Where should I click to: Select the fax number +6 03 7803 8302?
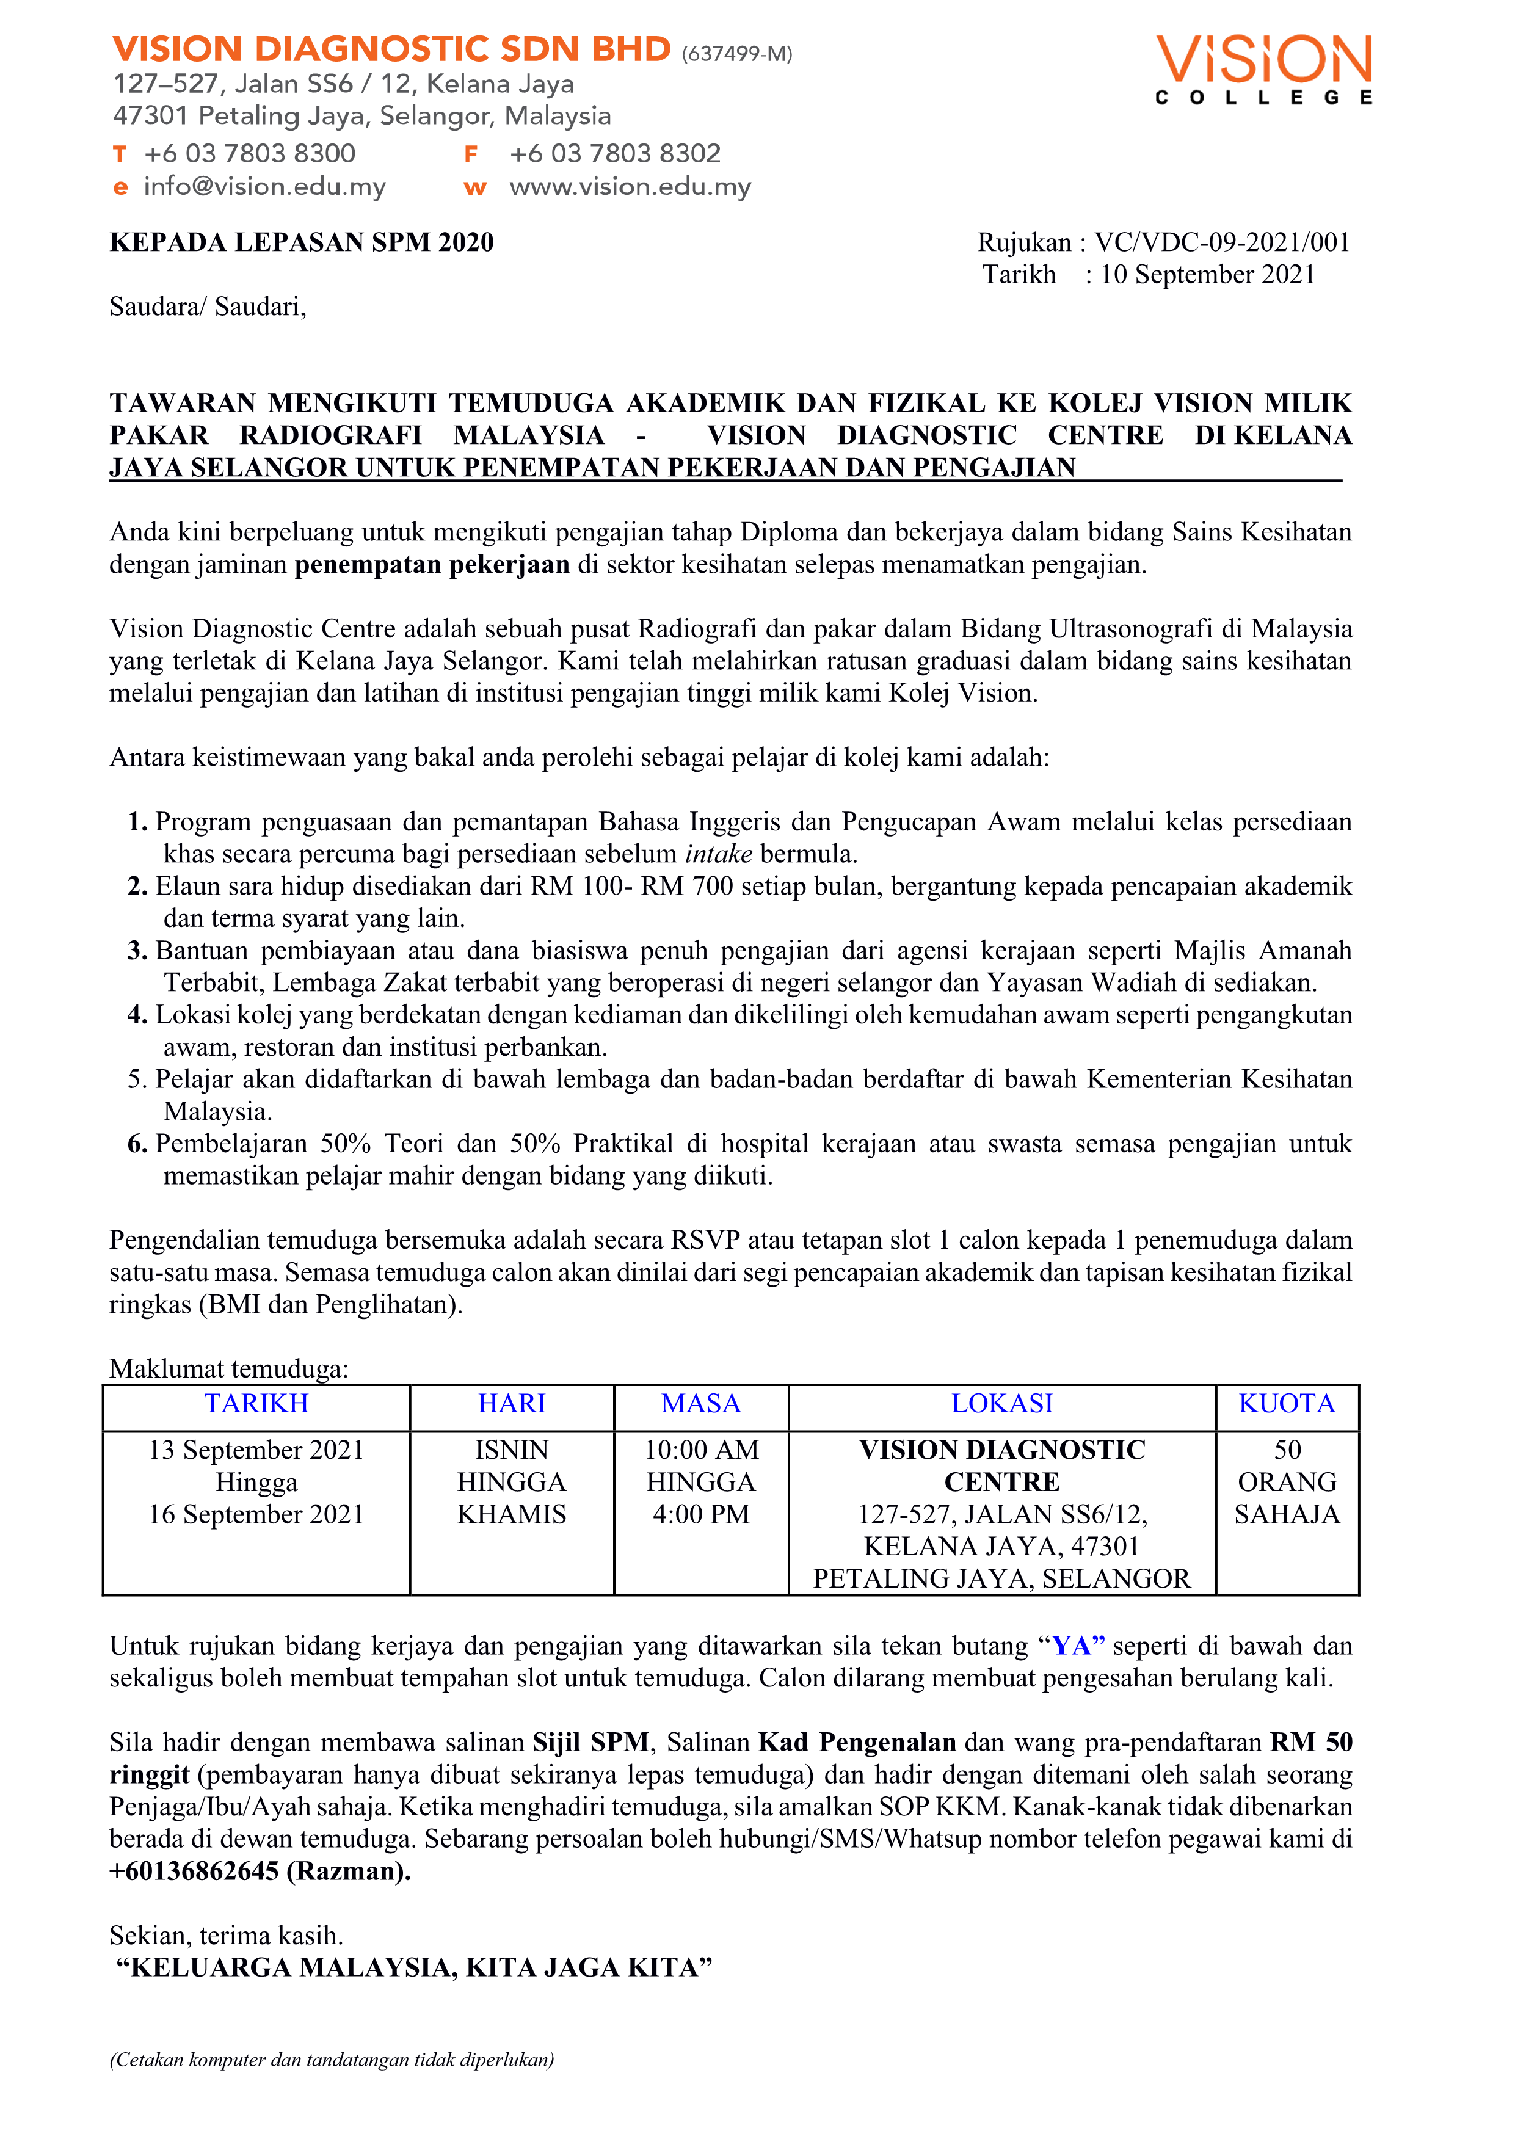[x=615, y=153]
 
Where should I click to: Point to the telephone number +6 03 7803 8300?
[x=249, y=153]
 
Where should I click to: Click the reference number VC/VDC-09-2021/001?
[x=1222, y=242]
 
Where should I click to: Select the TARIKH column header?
[x=256, y=1403]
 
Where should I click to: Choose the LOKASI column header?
[x=1002, y=1403]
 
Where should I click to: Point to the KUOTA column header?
[x=1287, y=1403]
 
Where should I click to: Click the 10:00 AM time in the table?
[x=702, y=1450]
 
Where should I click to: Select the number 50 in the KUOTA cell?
[x=1287, y=1450]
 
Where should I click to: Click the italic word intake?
[x=718, y=854]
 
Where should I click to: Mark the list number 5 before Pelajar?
[x=136, y=1080]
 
